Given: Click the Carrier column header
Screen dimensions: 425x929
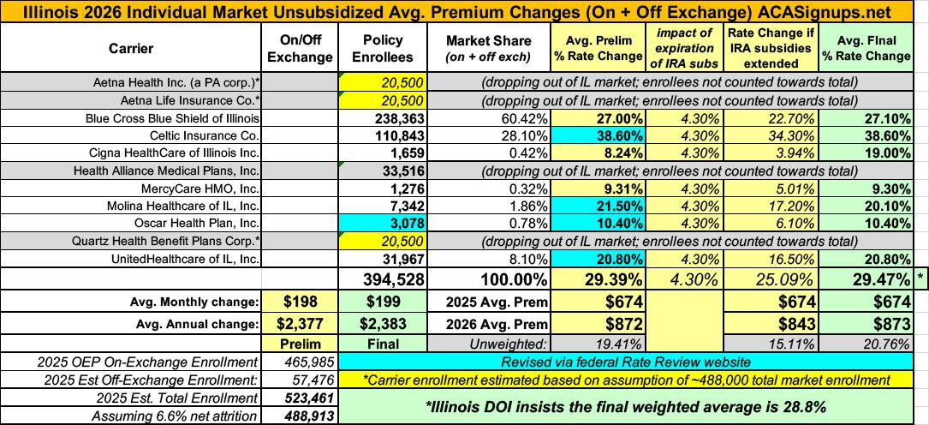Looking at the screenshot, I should tap(133, 49).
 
